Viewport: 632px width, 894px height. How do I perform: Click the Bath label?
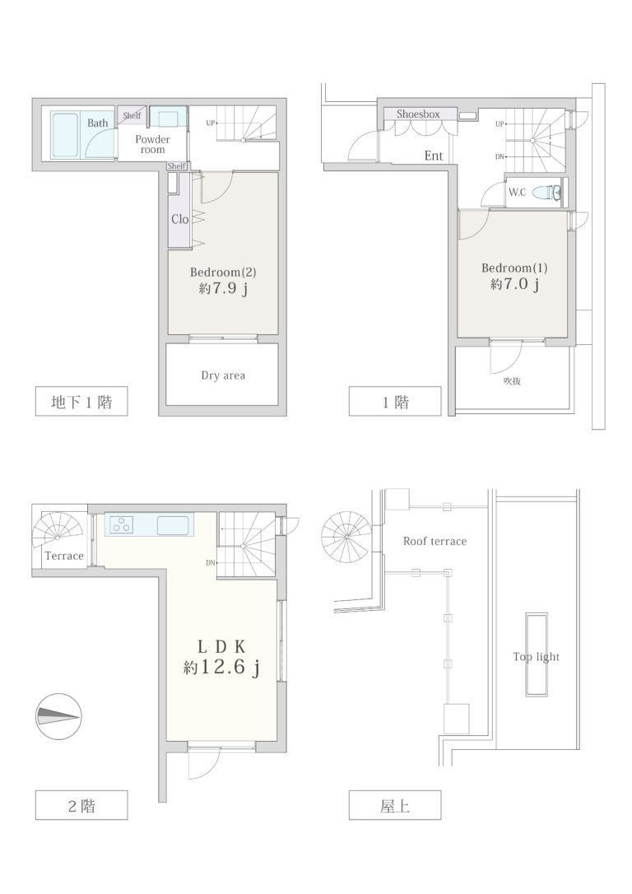pos(97,123)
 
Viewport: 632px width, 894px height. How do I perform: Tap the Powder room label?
pos(153,144)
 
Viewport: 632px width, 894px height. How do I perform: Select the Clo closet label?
pos(179,219)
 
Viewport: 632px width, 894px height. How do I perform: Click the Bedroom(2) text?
pos(223,272)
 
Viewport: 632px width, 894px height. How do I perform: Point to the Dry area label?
pos(223,375)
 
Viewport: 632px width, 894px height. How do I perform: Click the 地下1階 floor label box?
pos(81,402)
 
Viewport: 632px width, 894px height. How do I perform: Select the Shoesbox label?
pos(418,114)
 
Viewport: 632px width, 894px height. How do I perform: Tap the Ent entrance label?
pos(434,155)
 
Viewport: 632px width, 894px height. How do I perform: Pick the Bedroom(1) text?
pos(514,268)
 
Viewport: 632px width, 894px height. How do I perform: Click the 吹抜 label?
pos(512,381)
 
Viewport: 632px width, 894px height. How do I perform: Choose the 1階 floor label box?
pos(395,402)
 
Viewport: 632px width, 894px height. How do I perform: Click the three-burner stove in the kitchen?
pos(120,524)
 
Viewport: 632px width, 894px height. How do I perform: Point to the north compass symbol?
pos(59,717)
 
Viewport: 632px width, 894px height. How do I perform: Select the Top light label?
pos(537,657)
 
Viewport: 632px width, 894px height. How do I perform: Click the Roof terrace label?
pos(434,541)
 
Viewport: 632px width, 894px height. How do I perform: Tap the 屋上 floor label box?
pos(395,806)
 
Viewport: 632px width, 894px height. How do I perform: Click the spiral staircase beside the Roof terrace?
pos(346,537)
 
